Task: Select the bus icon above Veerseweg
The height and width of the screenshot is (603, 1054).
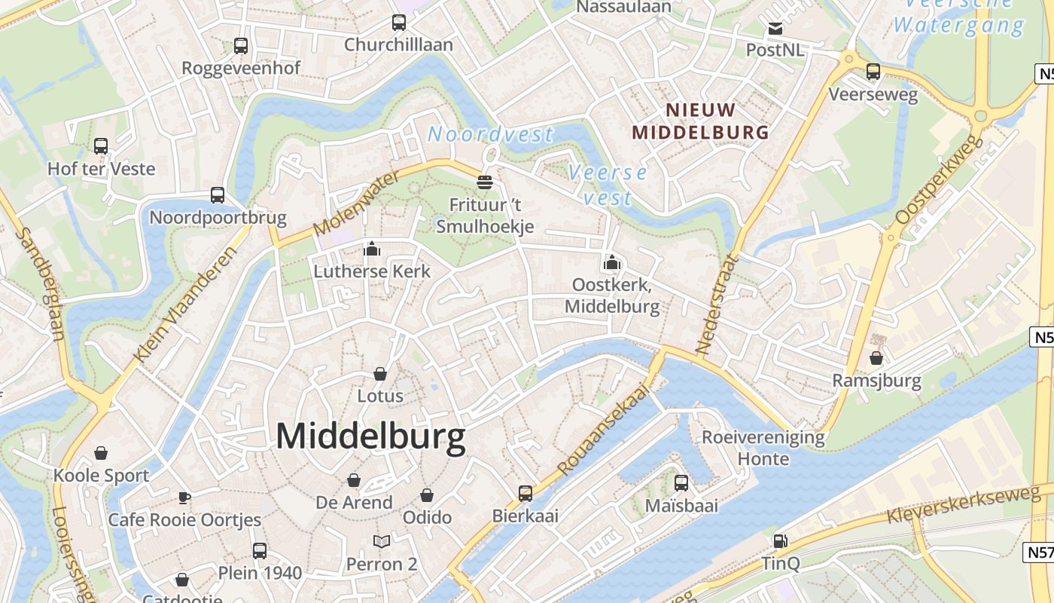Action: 873,72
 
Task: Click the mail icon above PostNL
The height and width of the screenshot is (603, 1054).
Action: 775,29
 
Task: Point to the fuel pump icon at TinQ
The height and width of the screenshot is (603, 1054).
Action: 780,540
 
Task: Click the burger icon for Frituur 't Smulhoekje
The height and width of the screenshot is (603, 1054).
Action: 485,182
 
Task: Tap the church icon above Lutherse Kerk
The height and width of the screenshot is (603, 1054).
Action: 372,249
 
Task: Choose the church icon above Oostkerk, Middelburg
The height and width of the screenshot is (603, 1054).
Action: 612,262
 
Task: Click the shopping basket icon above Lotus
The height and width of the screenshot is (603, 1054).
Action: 380,374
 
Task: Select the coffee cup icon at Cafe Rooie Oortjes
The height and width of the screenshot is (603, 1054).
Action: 184,497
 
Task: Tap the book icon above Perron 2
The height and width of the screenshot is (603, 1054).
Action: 382,541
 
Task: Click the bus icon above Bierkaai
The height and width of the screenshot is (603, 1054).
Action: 525,494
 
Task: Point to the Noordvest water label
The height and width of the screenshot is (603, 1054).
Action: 490,135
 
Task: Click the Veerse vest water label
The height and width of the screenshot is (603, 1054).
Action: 607,185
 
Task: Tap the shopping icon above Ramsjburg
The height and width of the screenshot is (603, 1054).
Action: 876,358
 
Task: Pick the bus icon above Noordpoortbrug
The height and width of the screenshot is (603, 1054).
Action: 218,195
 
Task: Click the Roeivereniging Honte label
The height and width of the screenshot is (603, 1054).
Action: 763,448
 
